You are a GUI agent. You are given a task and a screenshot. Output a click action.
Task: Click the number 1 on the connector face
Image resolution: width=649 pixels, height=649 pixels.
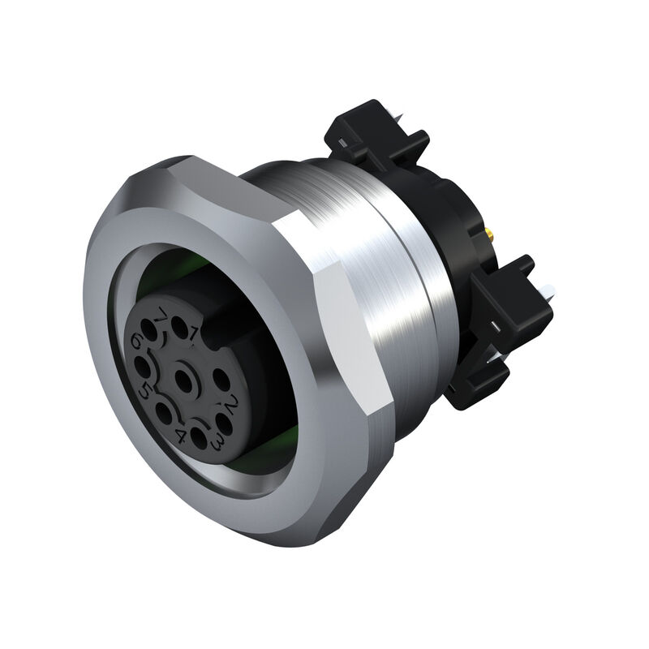194,329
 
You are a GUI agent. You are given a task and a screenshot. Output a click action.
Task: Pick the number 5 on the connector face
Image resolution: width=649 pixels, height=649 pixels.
145,389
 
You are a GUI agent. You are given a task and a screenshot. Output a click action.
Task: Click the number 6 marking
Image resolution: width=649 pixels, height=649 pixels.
135,343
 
